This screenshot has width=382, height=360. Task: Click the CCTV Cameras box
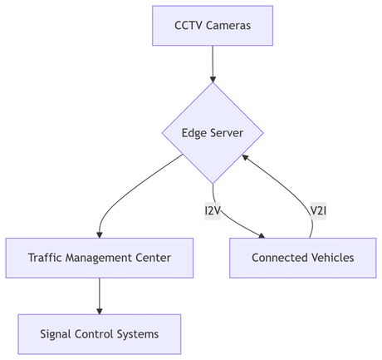coord(213,25)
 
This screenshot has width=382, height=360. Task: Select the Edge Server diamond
coord(213,132)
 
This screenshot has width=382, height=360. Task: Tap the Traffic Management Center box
coord(100,258)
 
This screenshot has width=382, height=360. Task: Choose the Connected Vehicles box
coord(303,258)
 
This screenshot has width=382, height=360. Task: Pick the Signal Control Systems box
coord(100,334)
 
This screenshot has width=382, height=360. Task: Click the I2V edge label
coord(213,210)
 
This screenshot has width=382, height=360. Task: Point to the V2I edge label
coord(318,210)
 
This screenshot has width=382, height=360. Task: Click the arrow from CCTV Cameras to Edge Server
coord(213,62)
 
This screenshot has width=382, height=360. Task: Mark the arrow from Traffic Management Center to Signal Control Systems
coord(100,296)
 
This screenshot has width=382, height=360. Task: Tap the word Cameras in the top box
coord(228,25)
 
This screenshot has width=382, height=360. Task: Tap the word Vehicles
coord(332,258)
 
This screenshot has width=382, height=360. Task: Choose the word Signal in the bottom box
coord(56,334)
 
